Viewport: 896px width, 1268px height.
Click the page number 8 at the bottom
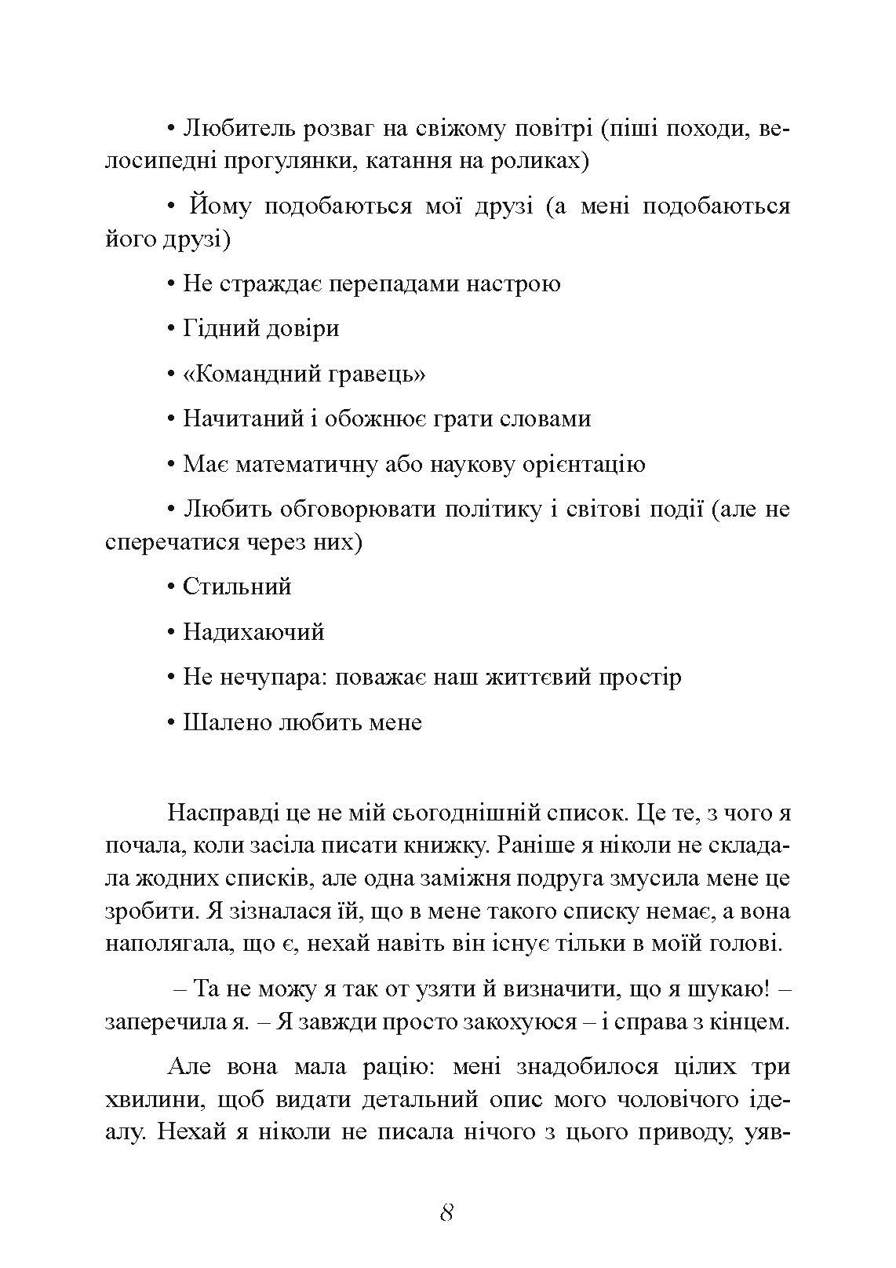446,1211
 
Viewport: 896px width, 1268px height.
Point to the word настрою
513,283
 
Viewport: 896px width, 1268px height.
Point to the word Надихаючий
253,632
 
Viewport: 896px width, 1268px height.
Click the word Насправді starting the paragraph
223,812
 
